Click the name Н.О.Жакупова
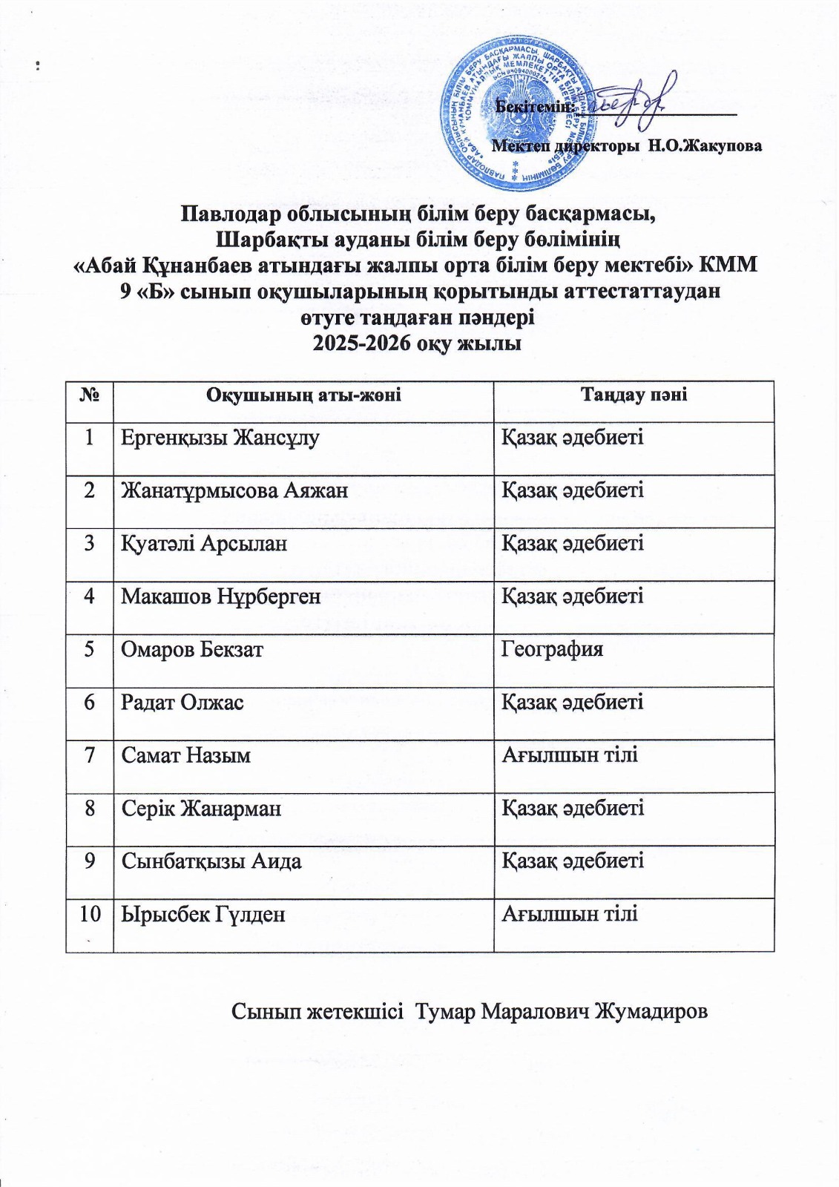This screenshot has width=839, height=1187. tap(705, 145)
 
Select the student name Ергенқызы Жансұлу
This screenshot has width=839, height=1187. tap(220, 438)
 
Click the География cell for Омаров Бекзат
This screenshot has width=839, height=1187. tap(552, 650)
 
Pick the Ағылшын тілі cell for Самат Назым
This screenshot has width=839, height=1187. tap(570, 755)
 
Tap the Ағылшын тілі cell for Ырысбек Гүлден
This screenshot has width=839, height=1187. tap(570, 914)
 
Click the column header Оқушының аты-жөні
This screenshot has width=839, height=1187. tap(303, 395)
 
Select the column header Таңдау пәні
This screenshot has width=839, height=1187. tap(634, 395)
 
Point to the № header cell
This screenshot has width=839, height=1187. tap(89, 395)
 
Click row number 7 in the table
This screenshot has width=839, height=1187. tap(89, 755)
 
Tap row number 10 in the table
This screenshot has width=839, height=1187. tap(89, 914)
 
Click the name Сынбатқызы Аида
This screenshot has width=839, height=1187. tap(211, 861)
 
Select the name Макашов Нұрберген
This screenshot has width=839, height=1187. tap(221, 596)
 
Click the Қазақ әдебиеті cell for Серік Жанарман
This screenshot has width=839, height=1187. tap(572, 808)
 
